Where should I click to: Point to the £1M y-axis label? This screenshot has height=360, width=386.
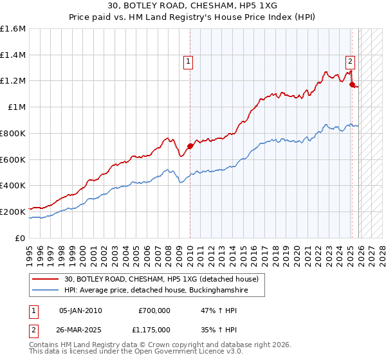click(17, 107)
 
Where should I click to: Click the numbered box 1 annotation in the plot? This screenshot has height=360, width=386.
click(188, 62)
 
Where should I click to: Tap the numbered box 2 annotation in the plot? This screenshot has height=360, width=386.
click(350, 62)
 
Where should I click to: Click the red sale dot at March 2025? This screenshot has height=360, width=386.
click(352, 84)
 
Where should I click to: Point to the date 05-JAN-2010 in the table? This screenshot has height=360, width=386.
click(80, 310)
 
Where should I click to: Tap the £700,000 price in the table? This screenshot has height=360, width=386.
click(154, 310)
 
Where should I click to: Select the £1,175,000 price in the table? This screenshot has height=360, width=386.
click(154, 329)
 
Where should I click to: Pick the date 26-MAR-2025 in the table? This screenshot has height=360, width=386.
click(80, 329)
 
